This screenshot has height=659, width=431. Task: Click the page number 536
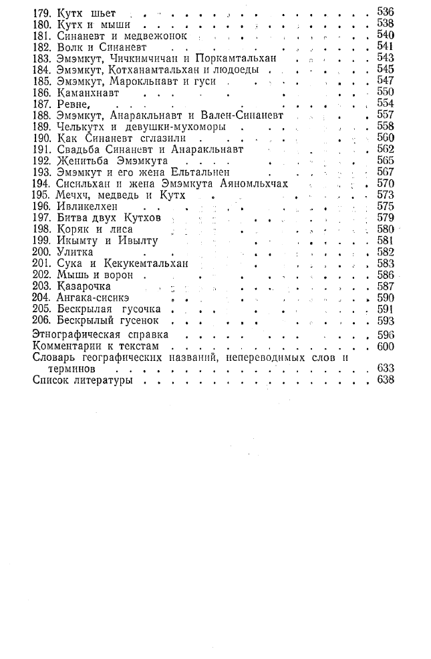click(386, 11)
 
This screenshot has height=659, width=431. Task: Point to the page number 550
click(386, 91)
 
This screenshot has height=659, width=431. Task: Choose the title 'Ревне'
click(72, 103)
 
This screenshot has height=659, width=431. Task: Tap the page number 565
click(386, 161)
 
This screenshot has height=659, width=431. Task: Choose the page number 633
click(386, 368)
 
